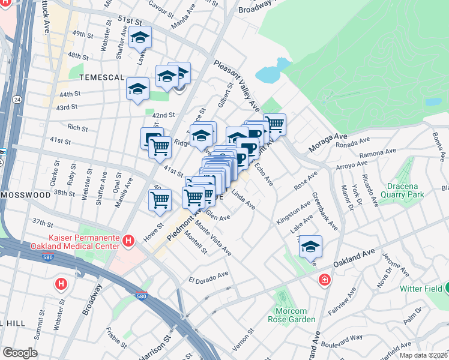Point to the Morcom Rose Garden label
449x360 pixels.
pos(286,315)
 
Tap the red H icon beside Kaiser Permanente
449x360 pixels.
pos(127,241)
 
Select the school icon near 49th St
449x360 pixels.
pos(140,38)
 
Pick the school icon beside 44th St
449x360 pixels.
pos(137,89)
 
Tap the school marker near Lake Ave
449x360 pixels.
pos(310,247)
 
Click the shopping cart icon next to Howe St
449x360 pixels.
pos(160,201)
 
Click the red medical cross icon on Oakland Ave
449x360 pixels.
pos(325,280)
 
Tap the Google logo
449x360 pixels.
pos(20,353)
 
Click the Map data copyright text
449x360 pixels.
pos(423,355)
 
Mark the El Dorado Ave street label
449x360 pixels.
pos(208,277)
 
